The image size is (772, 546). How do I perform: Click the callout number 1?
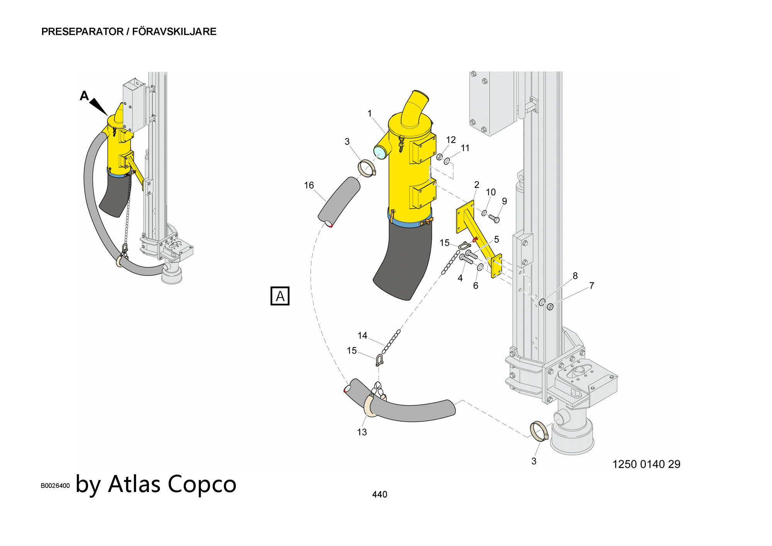(x=369, y=113)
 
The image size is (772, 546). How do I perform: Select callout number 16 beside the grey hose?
(x=309, y=185)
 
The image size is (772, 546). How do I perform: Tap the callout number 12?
(x=451, y=140)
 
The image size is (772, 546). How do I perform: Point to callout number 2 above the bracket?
(x=477, y=185)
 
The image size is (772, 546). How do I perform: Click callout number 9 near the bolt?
(x=504, y=201)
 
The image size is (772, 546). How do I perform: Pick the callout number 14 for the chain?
(x=362, y=335)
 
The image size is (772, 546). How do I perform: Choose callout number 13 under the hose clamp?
(x=362, y=432)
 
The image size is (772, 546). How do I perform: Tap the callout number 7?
(x=591, y=286)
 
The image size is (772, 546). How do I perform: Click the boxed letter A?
(x=280, y=296)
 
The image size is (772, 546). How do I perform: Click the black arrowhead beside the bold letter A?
(x=99, y=106)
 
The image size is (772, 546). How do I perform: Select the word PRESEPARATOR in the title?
(x=82, y=32)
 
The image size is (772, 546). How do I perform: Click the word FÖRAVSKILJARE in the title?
(x=174, y=32)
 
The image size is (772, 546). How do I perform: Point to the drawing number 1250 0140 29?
(x=646, y=464)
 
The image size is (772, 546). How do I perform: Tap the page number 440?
(x=379, y=494)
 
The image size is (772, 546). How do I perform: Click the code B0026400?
(x=55, y=485)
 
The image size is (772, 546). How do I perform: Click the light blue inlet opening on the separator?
(x=380, y=153)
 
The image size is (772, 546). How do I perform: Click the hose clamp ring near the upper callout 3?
(x=367, y=168)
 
